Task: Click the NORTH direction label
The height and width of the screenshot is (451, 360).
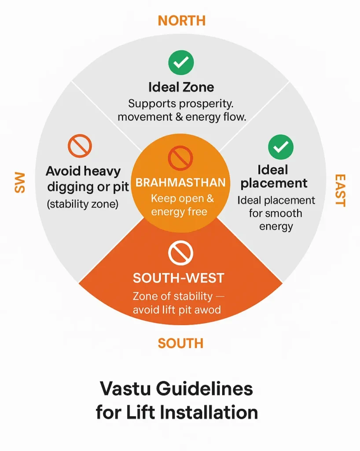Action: pyautogui.click(x=181, y=20)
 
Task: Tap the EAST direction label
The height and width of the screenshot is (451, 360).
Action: pyautogui.click(x=340, y=190)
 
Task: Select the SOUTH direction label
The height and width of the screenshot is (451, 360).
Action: pyautogui.click(x=180, y=343)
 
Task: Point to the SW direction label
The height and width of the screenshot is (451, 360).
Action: pyautogui.click(x=19, y=182)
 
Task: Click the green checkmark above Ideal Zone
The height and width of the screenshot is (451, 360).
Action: pyautogui.click(x=181, y=63)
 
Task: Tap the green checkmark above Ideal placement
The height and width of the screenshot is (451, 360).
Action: pyautogui.click(x=280, y=147)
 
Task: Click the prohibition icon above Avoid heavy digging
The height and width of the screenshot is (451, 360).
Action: pyautogui.click(x=80, y=146)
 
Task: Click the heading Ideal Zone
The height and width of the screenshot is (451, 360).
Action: pyautogui.click(x=181, y=87)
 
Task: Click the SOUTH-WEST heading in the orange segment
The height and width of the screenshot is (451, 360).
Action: pyautogui.click(x=179, y=278)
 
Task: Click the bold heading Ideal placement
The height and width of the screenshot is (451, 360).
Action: pyautogui.click(x=274, y=176)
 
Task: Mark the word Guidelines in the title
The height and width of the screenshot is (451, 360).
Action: pyautogui.click(x=206, y=389)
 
